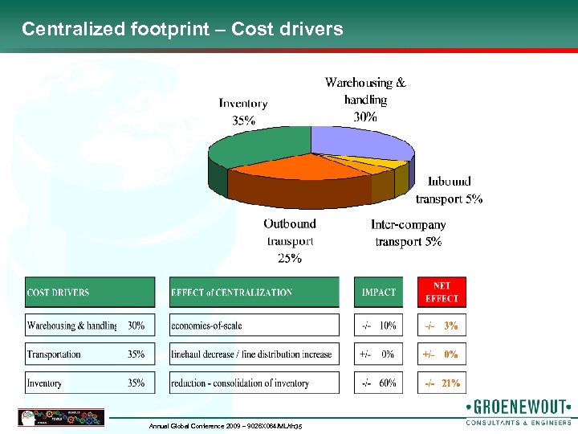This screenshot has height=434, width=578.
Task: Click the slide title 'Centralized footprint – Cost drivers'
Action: point(182,30)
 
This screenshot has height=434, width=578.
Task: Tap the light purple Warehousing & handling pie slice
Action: point(357,141)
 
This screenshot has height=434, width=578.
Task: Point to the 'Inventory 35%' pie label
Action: point(243,112)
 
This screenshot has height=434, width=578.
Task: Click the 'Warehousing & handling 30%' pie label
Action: point(365,99)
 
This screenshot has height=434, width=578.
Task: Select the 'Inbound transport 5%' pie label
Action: point(449,190)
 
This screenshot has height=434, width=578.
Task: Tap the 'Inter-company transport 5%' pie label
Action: point(408,233)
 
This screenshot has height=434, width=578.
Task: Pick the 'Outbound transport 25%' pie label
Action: point(289,240)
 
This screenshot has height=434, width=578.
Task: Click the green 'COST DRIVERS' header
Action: point(90,293)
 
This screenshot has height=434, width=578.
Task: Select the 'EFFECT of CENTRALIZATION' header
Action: point(254,293)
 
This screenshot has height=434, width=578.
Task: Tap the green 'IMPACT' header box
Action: point(380,293)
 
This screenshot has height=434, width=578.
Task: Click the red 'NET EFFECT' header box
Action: point(442,293)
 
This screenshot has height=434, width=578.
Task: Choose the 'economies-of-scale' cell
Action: point(254,325)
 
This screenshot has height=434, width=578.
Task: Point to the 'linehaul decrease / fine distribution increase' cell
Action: point(254,354)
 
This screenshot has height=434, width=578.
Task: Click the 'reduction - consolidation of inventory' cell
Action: point(254,383)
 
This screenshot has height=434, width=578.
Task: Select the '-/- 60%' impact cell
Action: point(380,383)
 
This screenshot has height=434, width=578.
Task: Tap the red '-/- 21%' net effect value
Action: point(442,383)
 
